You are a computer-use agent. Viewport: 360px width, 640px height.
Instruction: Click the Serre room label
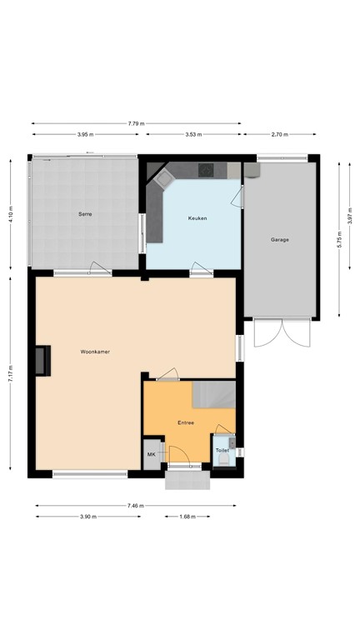click(85, 214)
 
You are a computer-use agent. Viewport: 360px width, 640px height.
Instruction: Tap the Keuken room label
click(197, 217)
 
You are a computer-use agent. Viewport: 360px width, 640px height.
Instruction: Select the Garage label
click(280, 239)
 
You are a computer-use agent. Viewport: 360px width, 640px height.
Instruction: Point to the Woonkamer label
click(95, 352)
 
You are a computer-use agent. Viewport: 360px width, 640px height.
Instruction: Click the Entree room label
click(186, 422)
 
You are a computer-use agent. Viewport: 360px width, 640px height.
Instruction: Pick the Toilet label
click(222, 450)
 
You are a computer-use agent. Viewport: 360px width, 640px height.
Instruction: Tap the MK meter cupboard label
click(152, 454)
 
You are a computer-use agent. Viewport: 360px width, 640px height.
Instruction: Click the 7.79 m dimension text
click(137, 123)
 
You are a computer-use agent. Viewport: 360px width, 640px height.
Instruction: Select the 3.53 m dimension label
click(194, 133)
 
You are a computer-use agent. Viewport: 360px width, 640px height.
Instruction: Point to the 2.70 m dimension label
click(279, 133)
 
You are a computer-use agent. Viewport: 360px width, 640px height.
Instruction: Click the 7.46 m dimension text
click(136, 506)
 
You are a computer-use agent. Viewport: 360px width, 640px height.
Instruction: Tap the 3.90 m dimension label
click(86, 517)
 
